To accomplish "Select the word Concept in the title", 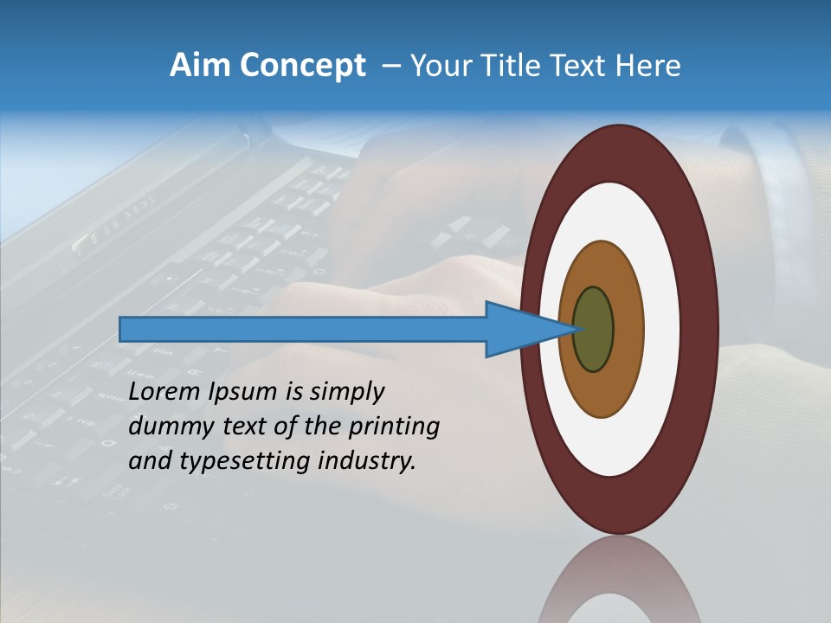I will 302,66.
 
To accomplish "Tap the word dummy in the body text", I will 167,427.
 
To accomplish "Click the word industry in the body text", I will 367,461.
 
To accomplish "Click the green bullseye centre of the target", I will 594,330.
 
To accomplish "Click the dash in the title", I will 391,66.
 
